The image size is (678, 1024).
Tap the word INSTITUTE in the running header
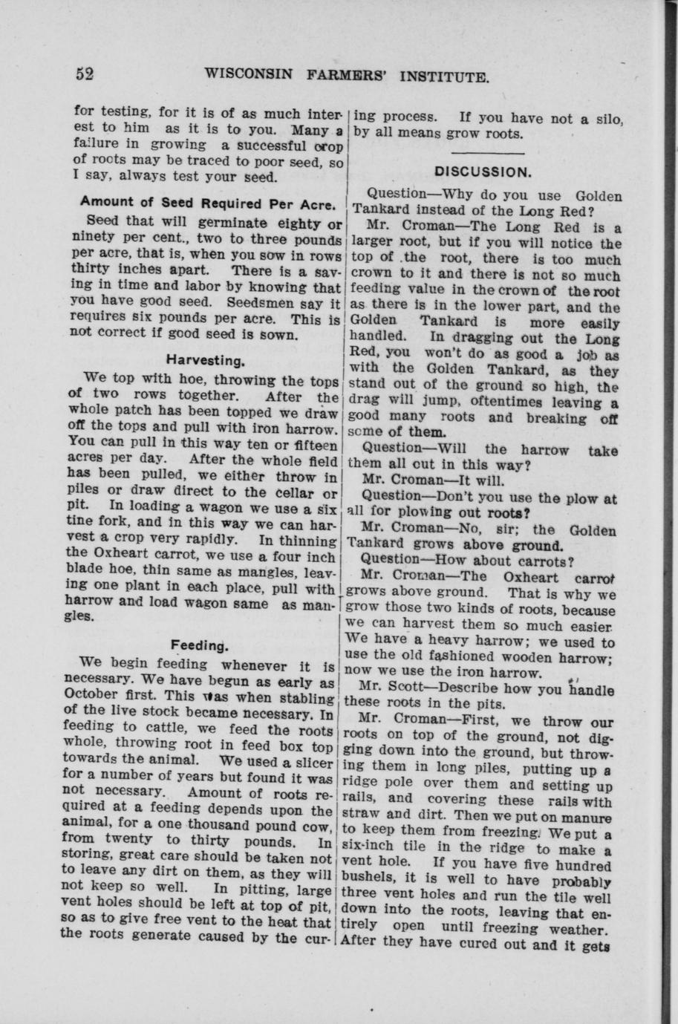[445, 76]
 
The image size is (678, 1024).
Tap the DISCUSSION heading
[483, 172]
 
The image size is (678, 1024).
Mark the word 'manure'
[590, 818]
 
